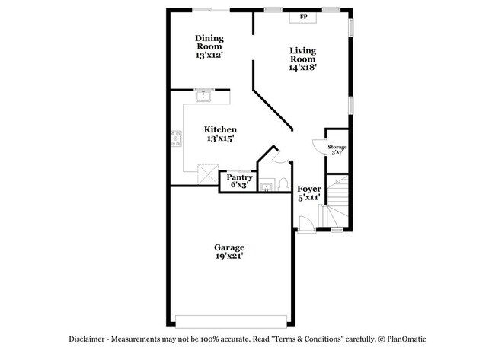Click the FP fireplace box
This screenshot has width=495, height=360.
[x=303, y=16]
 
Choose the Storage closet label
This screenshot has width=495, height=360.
[x=337, y=147]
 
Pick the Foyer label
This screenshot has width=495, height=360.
[x=308, y=188]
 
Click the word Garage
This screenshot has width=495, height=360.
[x=228, y=248]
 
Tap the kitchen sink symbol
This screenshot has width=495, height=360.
[x=204, y=94]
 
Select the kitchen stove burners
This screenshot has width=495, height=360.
[x=177, y=139]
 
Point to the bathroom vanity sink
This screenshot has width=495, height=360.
[x=267, y=186]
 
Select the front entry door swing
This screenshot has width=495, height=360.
[x=305, y=224]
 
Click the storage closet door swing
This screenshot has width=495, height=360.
[x=318, y=147]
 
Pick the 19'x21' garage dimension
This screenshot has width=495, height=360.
[x=228, y=258]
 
